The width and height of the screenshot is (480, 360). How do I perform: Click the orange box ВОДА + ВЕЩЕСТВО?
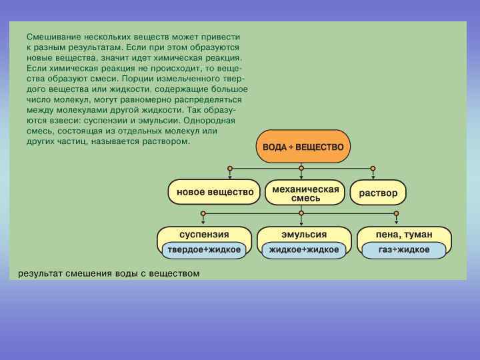303,146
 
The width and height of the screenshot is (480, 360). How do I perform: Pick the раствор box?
378,193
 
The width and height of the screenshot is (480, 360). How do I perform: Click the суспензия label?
204,235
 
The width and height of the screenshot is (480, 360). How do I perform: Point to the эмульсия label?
304,235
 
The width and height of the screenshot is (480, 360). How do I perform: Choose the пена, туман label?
404,235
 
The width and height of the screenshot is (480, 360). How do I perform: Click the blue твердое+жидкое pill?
204,250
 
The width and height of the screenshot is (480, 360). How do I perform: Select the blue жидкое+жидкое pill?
304,250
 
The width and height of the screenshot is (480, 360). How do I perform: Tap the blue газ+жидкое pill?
404,250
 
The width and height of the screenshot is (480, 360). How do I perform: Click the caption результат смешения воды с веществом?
109,273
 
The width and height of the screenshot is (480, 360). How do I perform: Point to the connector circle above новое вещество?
229,168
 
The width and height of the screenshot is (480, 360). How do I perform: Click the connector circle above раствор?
373,168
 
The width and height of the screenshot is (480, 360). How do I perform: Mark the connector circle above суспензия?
203,213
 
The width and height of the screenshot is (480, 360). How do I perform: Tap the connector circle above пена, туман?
397,213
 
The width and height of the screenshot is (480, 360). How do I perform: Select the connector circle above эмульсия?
301,213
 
